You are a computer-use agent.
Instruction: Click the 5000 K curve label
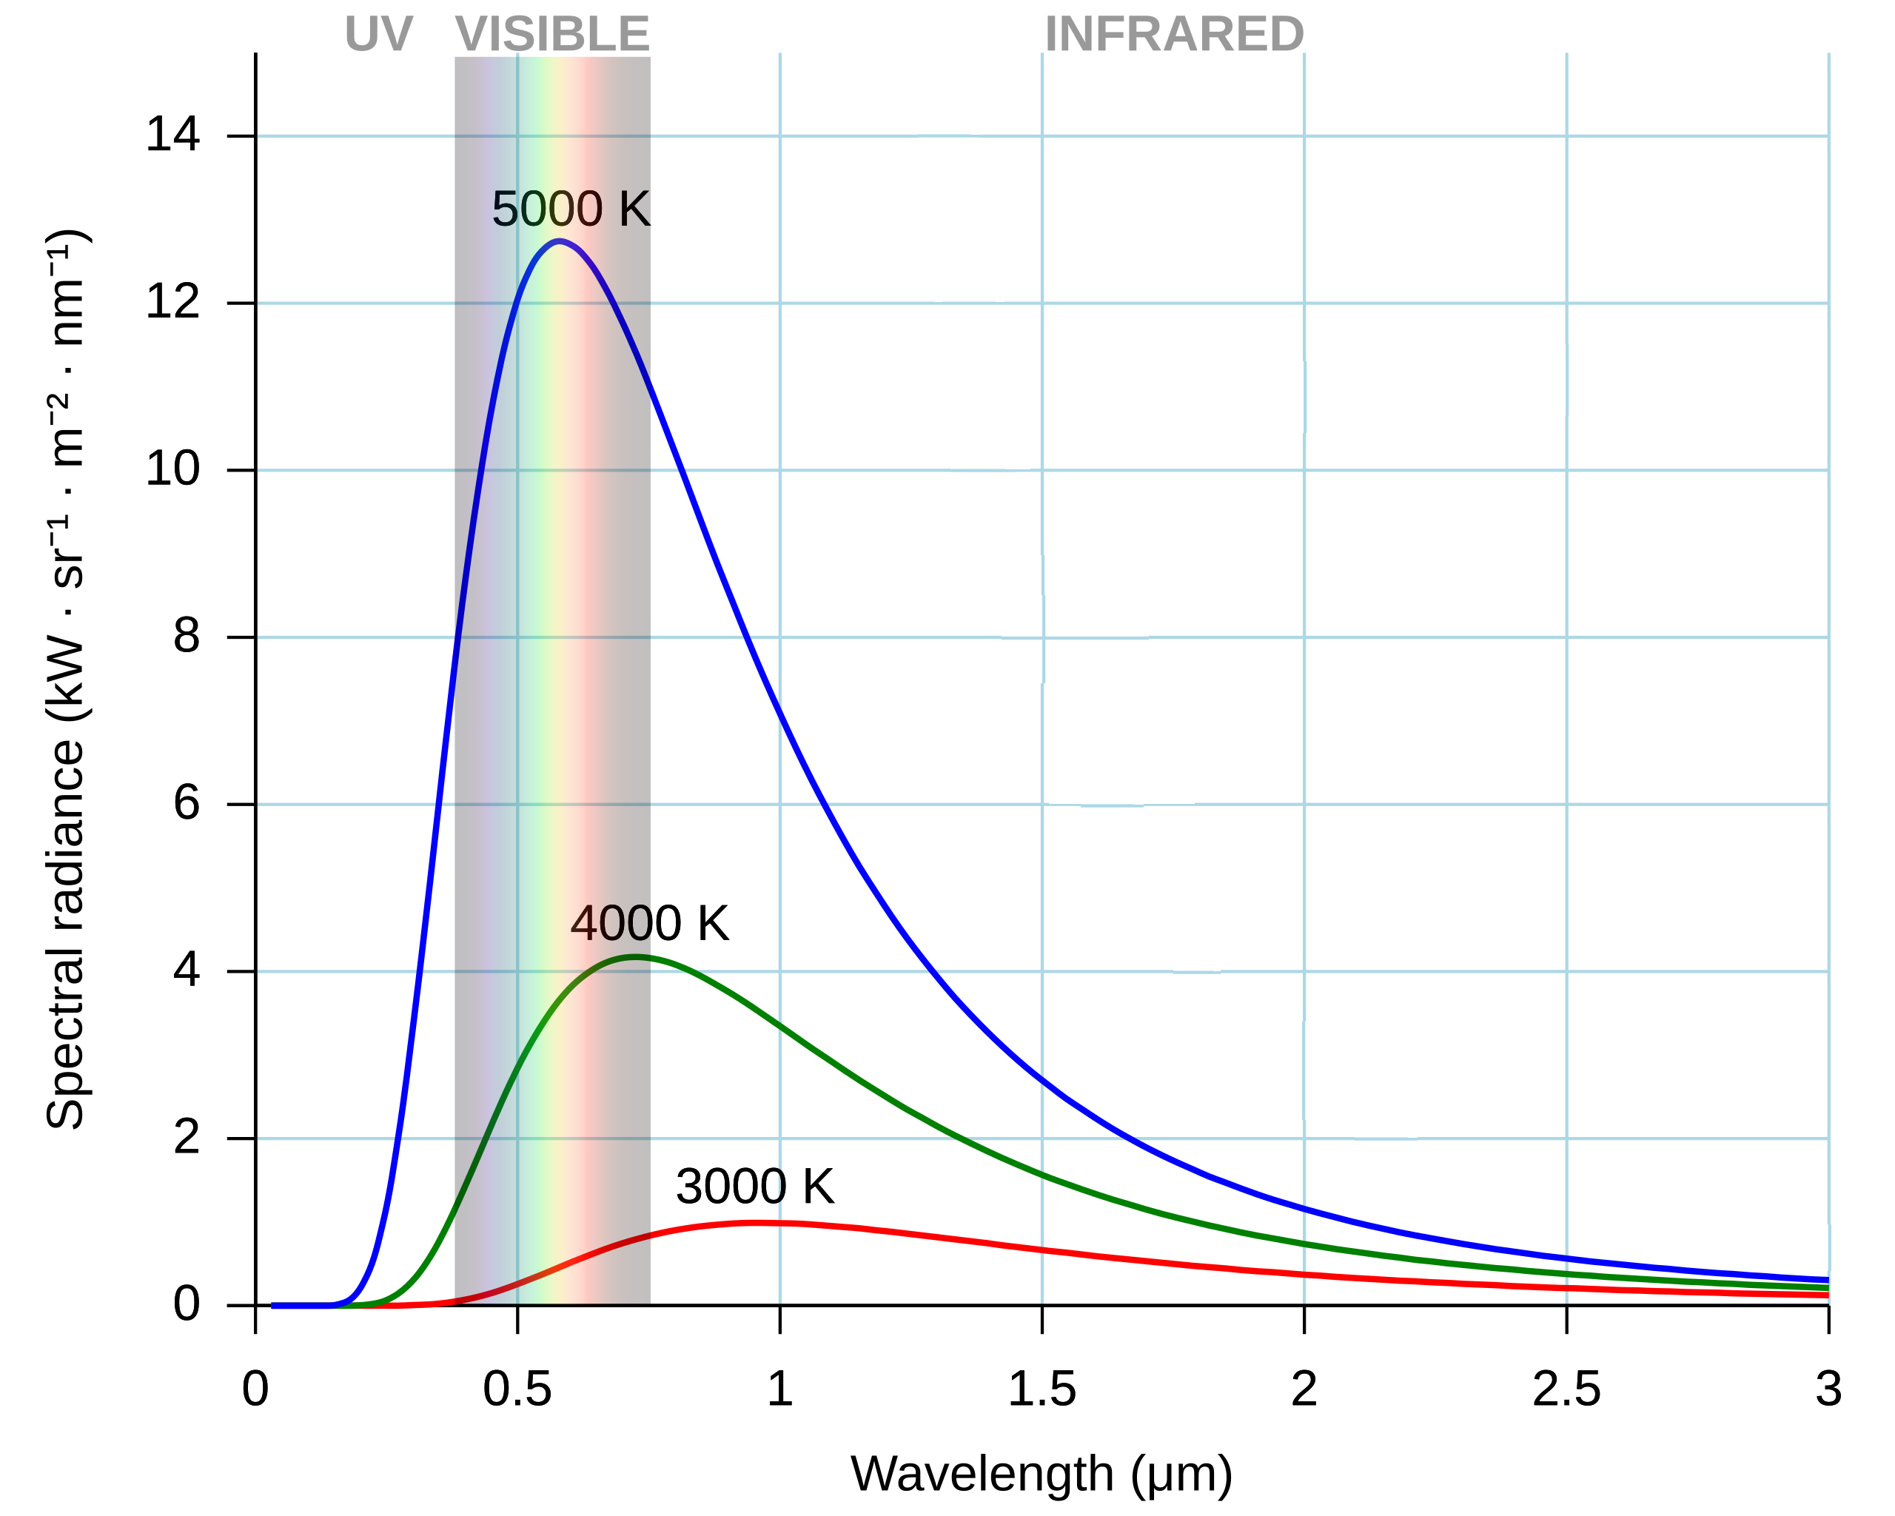(x=571, y=210)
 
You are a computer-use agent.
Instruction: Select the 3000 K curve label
(x=754, y=1187)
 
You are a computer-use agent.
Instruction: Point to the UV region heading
(x=378, y=34)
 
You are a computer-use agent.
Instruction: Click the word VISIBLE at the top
(x=552, y=34)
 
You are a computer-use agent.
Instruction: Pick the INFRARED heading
(x=1173, y=34)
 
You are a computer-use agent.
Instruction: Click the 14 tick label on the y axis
(x=173, y=135)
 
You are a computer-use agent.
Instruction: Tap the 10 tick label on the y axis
(x=173, y=469)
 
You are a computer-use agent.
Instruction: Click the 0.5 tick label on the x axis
(x=517, y=1389)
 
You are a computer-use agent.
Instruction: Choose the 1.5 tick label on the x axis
(x=1042, y=1389)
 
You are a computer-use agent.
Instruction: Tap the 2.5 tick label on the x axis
(x=1566, y=1389)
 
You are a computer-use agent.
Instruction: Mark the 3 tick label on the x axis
(x=1828, y=1389)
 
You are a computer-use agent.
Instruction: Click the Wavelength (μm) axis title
(x=1042, y=1474)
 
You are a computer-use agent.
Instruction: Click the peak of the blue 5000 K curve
(x=559, y=241)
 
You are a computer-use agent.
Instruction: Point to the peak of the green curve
(x=635, y=957)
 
